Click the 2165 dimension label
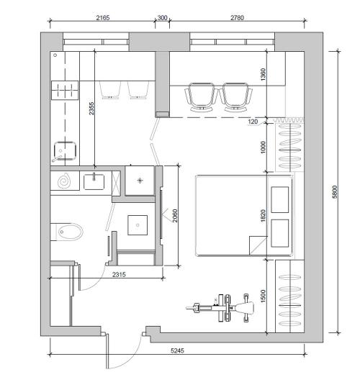[103, 18]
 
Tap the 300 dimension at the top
[162, 18]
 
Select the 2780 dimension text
[237, 18]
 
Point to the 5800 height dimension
[335, 192]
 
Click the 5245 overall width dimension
[177, 350]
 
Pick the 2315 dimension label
[119, 274]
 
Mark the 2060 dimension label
[175, 216]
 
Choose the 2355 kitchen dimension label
[91, 109]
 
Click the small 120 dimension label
[253, 122]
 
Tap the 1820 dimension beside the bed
[264, 216]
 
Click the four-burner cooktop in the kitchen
[65, 90]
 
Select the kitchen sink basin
[65, 151]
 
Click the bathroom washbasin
[94, 182]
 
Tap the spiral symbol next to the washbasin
[64, 181]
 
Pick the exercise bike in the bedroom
[220, 308]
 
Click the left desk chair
[202, 97]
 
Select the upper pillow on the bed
[280, 200]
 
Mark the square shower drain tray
[138, 225]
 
